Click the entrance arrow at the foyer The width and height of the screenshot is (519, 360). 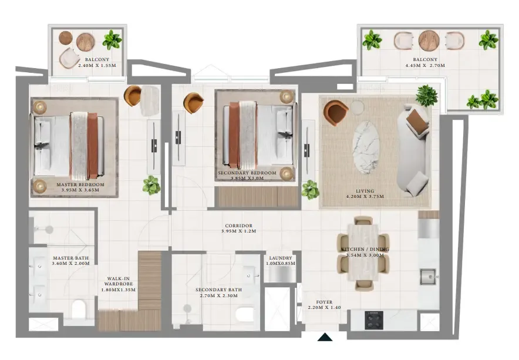tap(325, 337)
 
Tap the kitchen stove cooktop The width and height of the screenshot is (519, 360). tap(374, 320)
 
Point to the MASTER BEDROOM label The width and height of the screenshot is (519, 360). tap(80, 184)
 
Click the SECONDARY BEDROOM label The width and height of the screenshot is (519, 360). tap(247, 173)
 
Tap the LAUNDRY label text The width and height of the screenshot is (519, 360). tap(281, 258)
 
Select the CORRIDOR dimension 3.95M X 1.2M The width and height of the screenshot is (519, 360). tap(239, 231)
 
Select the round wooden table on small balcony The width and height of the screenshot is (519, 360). tap(86, 41)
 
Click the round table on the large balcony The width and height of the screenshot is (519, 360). tap(429, 41)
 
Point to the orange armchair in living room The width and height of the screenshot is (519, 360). tap(335, 112)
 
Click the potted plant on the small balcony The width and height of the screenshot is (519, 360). tap(112, 40)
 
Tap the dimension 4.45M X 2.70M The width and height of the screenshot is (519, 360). tap(425, 66)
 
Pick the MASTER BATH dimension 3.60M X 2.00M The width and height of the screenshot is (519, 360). tap(70, 264)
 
